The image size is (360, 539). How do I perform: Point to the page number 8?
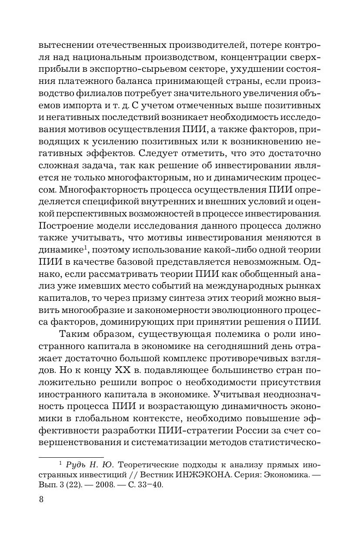click(41, 499)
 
